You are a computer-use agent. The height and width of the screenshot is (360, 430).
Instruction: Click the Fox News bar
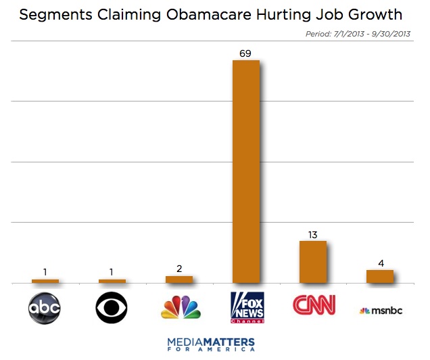coord(245,171)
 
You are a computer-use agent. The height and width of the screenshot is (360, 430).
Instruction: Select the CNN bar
coord(312,262)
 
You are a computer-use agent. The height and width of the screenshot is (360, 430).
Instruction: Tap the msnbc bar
coord(379,276)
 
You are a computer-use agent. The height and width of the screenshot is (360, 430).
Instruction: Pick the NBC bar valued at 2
coord(179,279)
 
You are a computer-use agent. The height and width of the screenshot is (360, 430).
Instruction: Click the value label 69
coord(245,52)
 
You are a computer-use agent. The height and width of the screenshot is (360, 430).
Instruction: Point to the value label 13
coord(312,233)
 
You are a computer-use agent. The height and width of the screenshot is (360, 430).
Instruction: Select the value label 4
coord(380,262)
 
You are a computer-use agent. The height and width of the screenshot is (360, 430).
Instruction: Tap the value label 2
coord(179,268)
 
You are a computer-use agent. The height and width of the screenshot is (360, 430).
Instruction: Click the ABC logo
coord(45,309)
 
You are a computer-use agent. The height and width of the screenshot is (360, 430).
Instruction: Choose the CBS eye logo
coord(112,309)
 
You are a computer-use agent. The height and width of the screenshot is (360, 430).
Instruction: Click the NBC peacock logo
coord(180,307)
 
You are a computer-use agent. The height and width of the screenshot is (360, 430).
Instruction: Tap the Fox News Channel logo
coord(246,308)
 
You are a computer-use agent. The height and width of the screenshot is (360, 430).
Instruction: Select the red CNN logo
coord(313,305)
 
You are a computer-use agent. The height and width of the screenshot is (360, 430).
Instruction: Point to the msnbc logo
coord(380,311)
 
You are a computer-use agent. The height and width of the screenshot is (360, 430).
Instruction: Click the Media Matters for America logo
coord(211,343)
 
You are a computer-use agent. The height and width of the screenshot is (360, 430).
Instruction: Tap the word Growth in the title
coord(375,15)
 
